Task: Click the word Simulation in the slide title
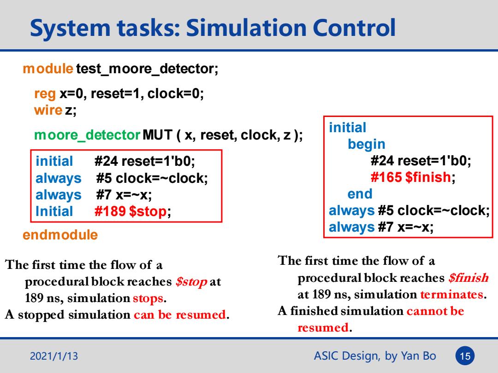246,28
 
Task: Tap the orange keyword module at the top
48,69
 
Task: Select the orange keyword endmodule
60,235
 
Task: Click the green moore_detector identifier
87,135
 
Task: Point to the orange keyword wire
48,111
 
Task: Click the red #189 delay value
110,211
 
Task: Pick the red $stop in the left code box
148,211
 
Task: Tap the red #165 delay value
386,177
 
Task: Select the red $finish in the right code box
428,177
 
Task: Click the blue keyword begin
367,144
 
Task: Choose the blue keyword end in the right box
360,194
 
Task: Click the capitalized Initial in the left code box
54,211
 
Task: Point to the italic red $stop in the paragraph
191,282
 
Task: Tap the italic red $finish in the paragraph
468,278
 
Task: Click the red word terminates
451,295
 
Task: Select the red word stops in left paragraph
148,298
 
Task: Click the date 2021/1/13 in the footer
54,356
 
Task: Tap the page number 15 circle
465,356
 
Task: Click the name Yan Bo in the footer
418,356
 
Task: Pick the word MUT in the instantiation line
158,135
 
